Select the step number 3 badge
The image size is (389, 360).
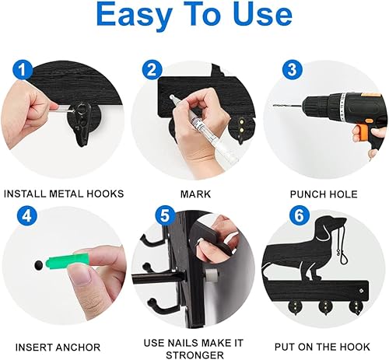(x=292, y=70)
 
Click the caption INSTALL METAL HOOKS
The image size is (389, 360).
(x=64, y=193)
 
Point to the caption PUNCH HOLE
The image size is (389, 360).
(x=322, y=193)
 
